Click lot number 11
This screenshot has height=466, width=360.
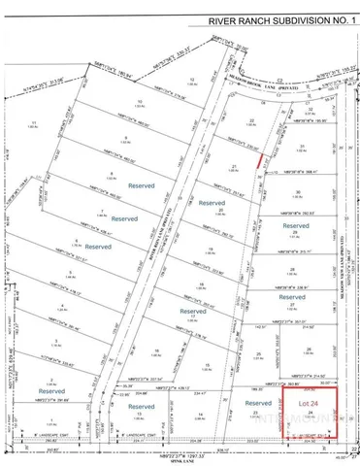tap(35, 122)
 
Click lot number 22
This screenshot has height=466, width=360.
tap(251, 120)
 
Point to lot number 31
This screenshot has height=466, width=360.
tap(302, 146)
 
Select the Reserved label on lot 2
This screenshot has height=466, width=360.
tap(51, 392)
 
